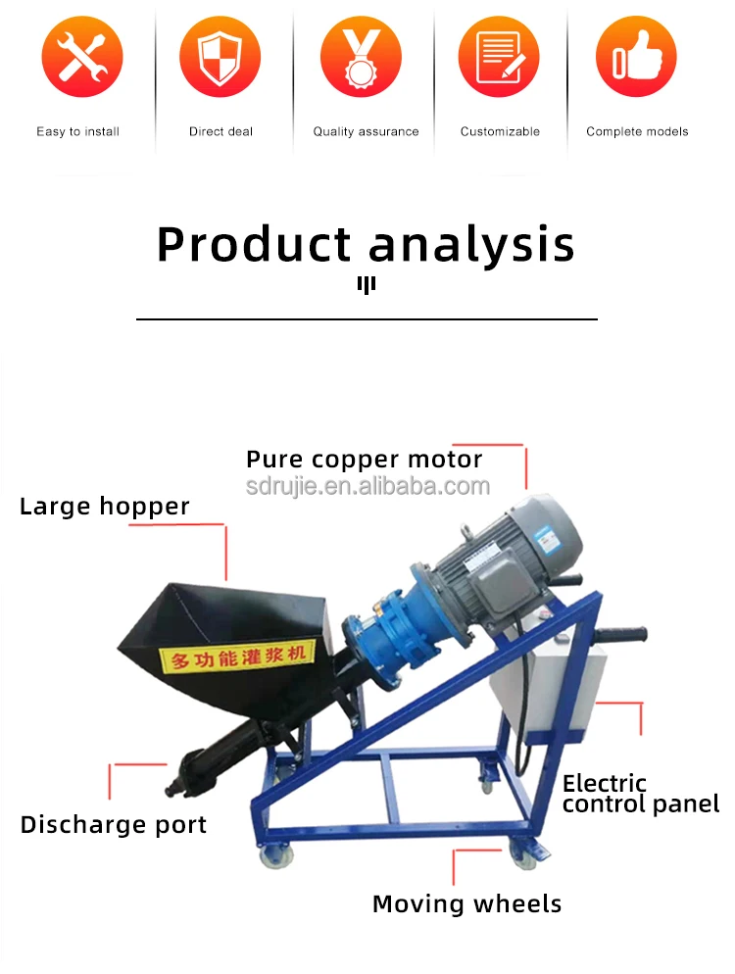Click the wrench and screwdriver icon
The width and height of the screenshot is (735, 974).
[81, 56]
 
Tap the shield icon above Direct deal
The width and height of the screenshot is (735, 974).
[220, 56]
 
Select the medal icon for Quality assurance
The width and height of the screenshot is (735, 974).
[362, 56]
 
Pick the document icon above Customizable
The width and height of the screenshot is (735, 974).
[500, 56]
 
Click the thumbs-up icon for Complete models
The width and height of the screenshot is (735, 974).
[636, 56]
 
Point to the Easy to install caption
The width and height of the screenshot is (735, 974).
[78, 131]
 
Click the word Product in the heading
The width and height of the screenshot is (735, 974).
[254, 244]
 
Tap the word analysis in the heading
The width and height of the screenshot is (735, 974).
[472, 244]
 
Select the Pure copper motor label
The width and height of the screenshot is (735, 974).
[365, 460]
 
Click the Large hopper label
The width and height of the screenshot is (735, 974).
[105, 507]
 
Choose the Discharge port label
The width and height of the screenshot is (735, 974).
[114, 825]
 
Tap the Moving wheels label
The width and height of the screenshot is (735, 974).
[467, 903]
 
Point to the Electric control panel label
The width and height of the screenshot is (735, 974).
[640, 794]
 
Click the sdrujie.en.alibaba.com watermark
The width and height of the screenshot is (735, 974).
[367, 486]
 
